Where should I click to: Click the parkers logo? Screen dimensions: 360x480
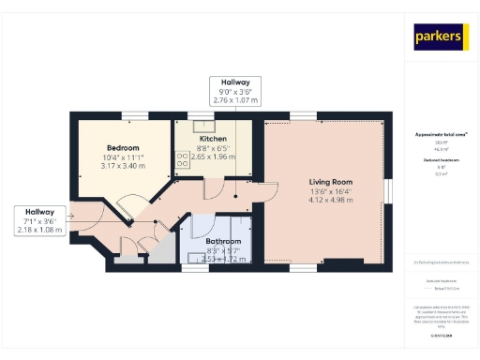coord(440,37)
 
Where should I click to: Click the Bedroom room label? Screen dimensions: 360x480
coord(123,148)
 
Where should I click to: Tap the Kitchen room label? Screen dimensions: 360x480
coord(214,139)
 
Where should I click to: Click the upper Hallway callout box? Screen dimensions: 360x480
coord(235,90)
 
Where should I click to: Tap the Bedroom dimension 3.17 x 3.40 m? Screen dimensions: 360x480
coord(123,167)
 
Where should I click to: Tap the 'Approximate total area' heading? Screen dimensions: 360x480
coord(440,135)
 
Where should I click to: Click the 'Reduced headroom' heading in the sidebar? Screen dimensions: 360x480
coord(440,160)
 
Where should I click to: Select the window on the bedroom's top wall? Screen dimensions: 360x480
coord(128,115)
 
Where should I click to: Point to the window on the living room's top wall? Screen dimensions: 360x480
coord(302,115)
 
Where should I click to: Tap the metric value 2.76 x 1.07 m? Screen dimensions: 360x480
coord(235,98)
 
